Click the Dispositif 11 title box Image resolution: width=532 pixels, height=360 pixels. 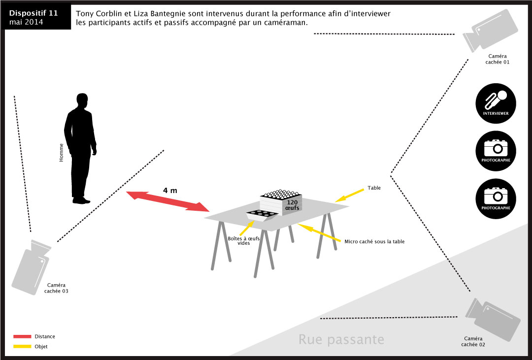tap(36, 17)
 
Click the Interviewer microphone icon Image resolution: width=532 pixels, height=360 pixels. tap(496, 103)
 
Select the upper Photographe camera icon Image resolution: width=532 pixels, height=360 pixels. tap(496, 151)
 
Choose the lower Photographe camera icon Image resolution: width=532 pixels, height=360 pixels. tap(496, 198)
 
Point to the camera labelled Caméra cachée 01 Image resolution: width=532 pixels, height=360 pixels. tap(490, 31)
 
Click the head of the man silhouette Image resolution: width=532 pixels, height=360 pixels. tap(82, 100)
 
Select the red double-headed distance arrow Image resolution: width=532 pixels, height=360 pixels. tap(167, 201)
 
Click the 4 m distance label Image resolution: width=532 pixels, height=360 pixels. tap(170, 191)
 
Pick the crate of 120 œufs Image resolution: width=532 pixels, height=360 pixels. tap(281, 202)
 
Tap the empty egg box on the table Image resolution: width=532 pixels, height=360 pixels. tap(262, 215)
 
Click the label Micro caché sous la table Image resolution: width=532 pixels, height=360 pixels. tap(374, 242)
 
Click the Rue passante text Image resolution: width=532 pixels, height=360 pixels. tap(341, 339)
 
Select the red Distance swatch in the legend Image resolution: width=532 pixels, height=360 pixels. tap(22, 336)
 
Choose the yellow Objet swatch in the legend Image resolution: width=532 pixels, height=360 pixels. tap(22, 346)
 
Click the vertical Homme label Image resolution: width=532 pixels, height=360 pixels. tap(62, 153)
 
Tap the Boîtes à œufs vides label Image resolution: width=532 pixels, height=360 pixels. tap(244, 240)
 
